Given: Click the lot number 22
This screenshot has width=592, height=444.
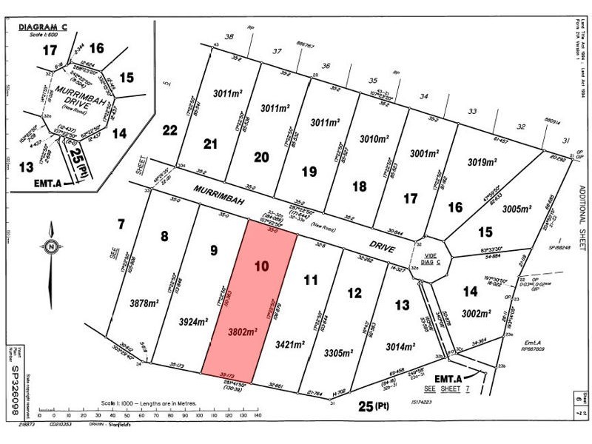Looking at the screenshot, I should pos(170,130).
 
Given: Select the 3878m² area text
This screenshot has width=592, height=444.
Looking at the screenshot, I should pos(124,302).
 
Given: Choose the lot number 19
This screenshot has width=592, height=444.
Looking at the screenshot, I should pos(309,172).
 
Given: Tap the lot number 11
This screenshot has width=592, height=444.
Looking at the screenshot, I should pos(310,280).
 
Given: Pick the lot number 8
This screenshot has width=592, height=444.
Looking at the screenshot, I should pos(164,237).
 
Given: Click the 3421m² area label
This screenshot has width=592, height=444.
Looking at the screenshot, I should pos(289,344).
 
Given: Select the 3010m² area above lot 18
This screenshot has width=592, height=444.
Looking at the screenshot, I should pos(374,138).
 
